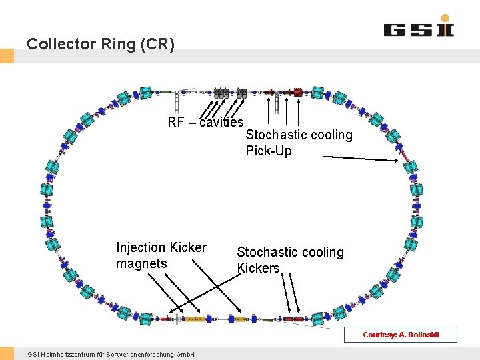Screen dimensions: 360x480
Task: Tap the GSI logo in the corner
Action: [418, 27]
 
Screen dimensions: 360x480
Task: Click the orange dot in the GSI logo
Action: [445, 18]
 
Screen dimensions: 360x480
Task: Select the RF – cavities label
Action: [205, 122]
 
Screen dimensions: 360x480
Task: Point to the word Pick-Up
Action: [269, 151]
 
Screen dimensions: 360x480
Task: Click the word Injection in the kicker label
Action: [139, 248]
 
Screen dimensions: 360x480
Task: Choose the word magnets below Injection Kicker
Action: [141, 264]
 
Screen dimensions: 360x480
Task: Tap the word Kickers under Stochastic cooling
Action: [259, 268]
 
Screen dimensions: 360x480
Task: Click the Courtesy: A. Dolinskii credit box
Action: [400, 335]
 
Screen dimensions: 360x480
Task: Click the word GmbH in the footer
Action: [185, 354]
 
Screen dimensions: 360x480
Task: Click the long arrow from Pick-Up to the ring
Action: [360, 158]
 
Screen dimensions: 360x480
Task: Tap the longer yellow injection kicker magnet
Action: [195, 319]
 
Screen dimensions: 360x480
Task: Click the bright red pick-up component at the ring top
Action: [298, 92]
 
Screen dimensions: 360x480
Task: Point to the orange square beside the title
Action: [7, 56]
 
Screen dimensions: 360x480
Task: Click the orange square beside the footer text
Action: [7, 353]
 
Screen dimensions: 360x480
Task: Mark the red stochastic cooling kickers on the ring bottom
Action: [293, 319]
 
